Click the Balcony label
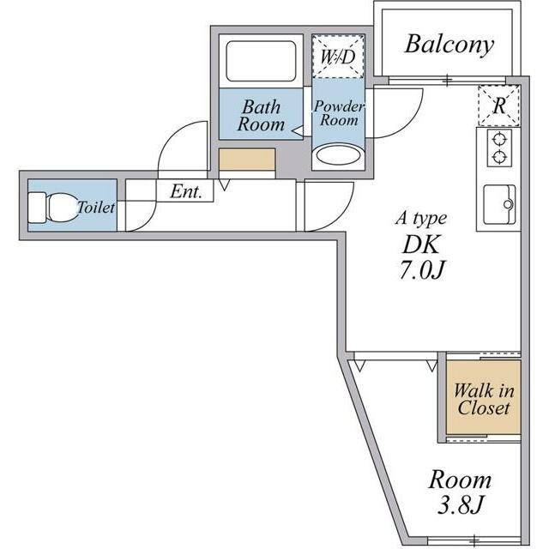pos(449,45)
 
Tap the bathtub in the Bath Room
pos(261,61)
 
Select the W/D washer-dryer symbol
pos(338,56)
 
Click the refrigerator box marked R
pos(499,105)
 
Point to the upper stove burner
pos(499,140)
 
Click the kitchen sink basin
pos(499,204)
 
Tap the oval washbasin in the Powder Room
pos(338,155)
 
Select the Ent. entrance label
pos(186,191)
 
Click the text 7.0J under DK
pos(422,269)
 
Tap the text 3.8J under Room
pos(460,504)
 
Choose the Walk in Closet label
pos(484,399)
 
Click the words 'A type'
pos(421,219)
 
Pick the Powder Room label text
pos(339,112)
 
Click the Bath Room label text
pos(261,115)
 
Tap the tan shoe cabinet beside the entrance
pos(247,160)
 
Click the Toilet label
pos(96,208)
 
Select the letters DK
pos(420,244)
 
